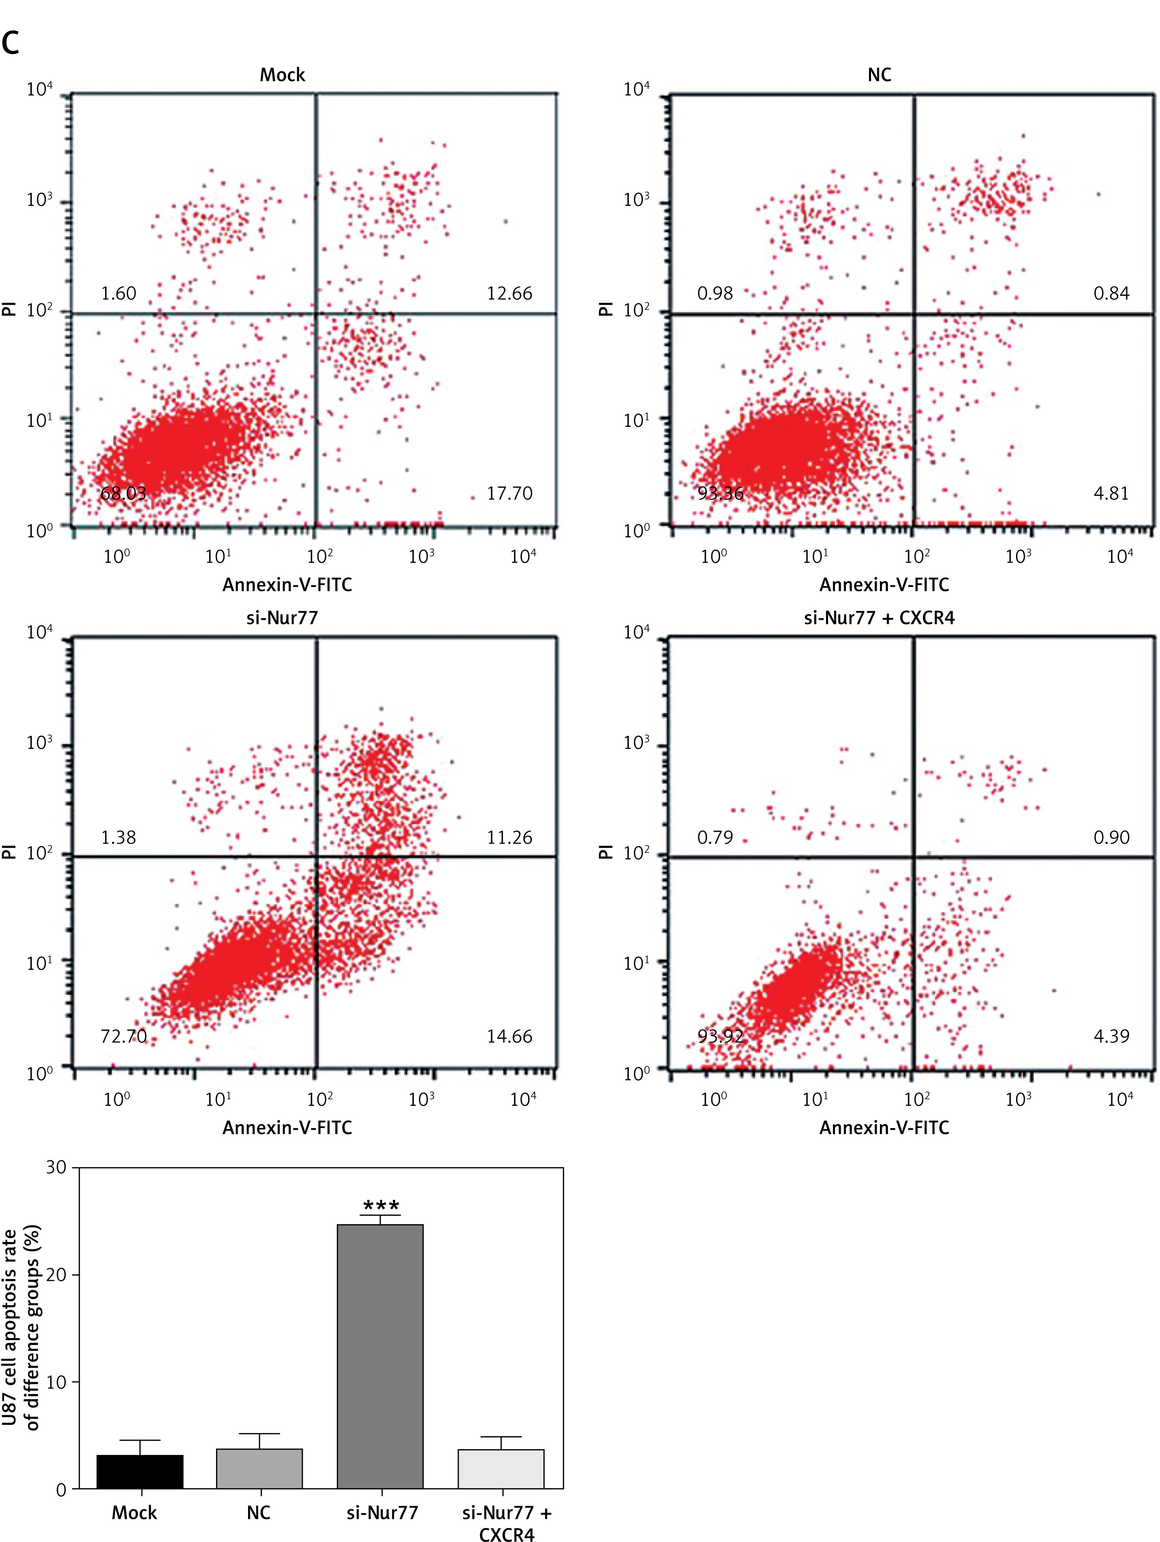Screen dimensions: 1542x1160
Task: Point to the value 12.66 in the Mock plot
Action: click(509, 293)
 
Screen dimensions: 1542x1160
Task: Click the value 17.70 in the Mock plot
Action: click(509, 494)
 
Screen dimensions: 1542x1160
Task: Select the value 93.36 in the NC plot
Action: click(720, 494)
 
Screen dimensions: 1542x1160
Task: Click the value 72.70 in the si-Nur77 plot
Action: click(123, 1037)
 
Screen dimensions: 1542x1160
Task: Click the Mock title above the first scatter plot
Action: click(283, 75)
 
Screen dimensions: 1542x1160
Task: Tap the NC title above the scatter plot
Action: click(879, 75)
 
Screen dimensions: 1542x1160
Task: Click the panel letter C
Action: click(11, 43)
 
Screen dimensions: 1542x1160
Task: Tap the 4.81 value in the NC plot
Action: click(1111, 494)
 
